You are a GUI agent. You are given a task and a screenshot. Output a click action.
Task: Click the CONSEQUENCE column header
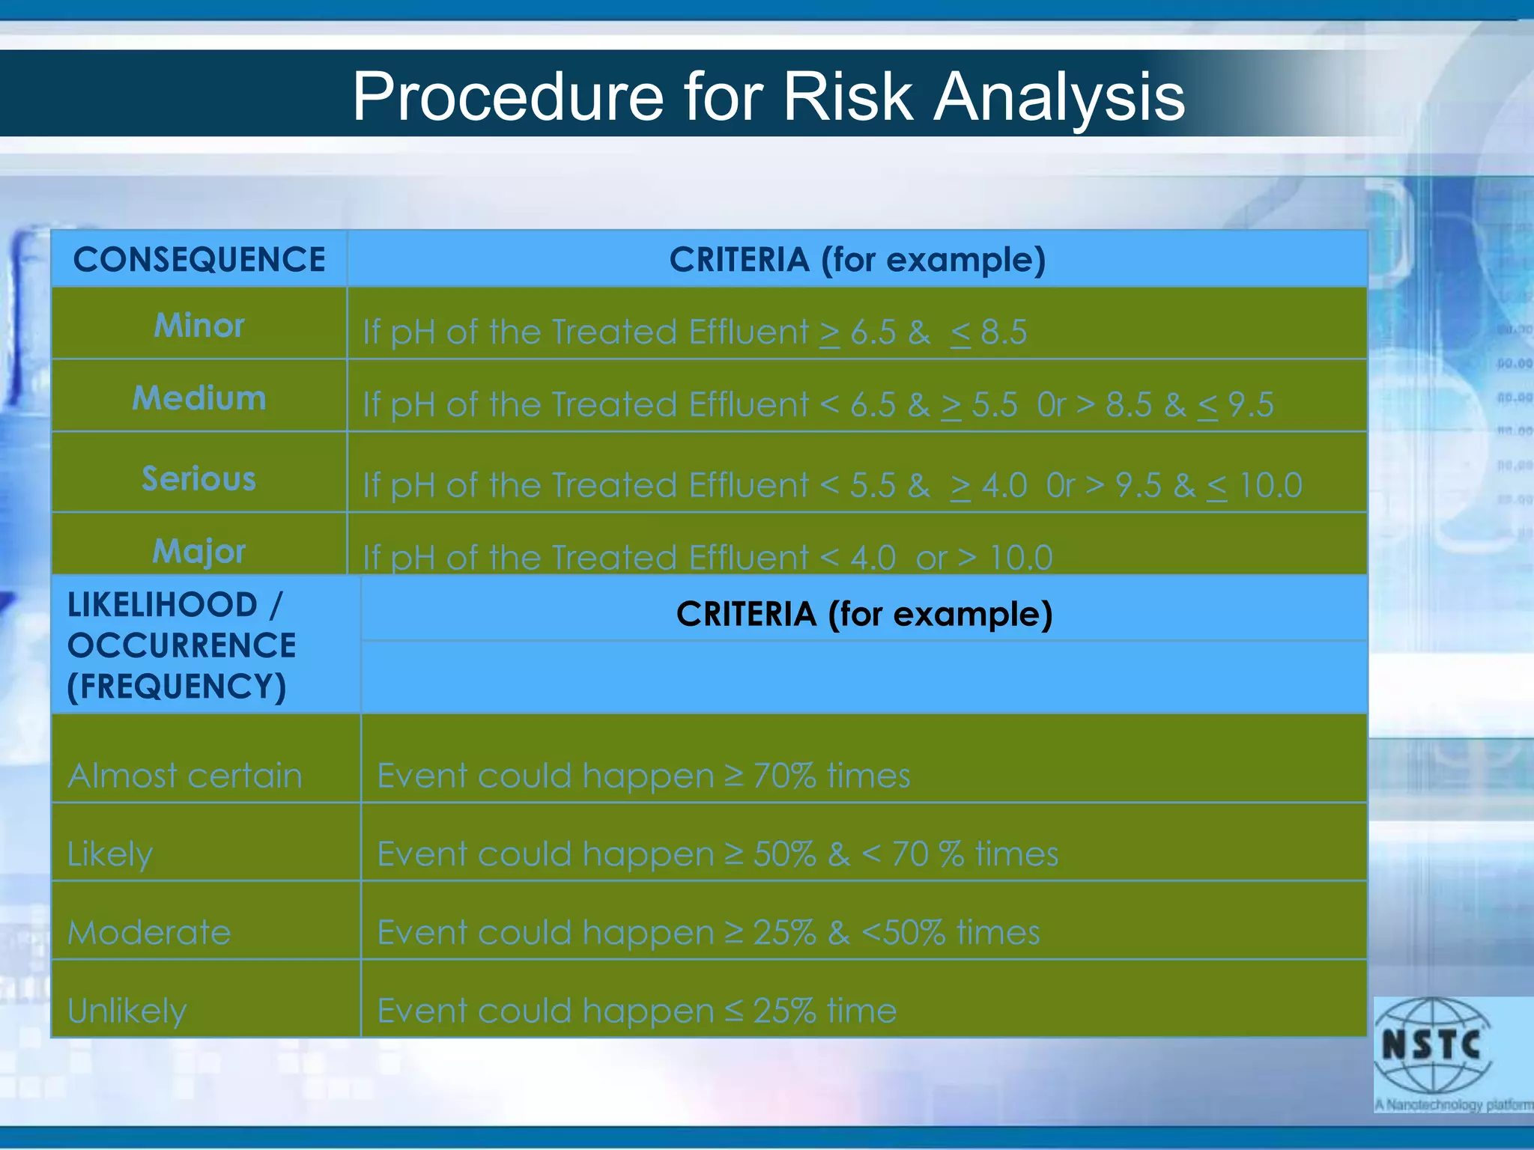tap(199, 260)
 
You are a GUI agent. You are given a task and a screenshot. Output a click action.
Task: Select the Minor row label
tap(199, 326)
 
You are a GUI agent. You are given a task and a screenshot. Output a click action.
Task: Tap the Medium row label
tap(199, 398)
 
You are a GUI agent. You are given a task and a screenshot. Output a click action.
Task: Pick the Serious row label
tap(199, 479)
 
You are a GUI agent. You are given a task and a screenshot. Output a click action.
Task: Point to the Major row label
tap(199, 552)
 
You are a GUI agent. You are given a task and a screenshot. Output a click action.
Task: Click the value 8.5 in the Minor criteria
tap(1004, 332)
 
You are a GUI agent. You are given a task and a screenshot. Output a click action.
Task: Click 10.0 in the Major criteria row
tap(1021, 558)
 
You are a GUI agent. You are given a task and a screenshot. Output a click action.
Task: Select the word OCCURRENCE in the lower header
tap(182, 646)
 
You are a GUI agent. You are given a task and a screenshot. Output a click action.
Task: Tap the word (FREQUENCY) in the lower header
tap(177, 687)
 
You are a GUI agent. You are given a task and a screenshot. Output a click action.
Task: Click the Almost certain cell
tap(185, 776)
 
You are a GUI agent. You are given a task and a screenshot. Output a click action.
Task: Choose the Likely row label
tap(110, 854)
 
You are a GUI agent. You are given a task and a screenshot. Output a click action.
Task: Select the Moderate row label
tap(150, 933)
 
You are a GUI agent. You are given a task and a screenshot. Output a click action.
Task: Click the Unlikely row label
tap(127, 1011)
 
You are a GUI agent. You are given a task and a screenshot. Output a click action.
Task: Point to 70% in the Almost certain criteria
tap(784, 776)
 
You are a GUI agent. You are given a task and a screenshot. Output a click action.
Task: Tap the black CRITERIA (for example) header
tap(864, 614)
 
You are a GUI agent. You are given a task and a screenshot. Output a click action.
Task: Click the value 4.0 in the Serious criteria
tap(1004, 486)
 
